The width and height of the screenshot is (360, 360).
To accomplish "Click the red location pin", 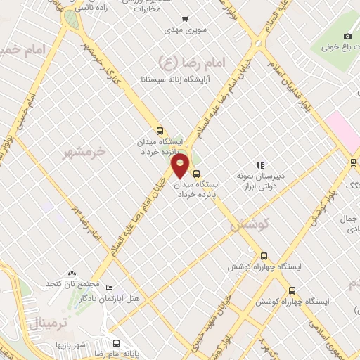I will (x=181, y=165).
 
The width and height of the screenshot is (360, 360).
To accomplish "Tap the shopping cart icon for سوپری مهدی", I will (x=184, y=19).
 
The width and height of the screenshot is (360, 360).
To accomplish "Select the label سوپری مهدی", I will (x=184, y=30).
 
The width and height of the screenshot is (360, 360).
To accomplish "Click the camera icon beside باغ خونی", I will (x=347, y=37).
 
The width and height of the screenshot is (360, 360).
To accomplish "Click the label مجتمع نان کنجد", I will (x=71, y=283).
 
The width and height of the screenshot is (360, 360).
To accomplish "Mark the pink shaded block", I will (x=342, y=131).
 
